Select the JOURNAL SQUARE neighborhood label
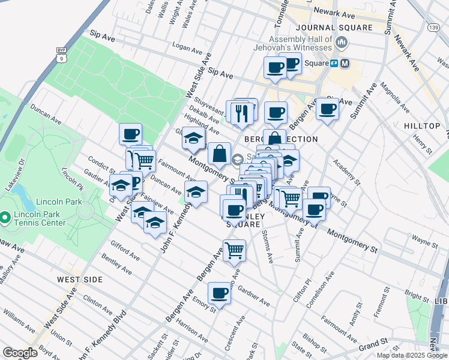point(333,28)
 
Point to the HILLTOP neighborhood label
point(422,126)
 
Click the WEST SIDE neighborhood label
point(80,280)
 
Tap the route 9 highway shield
point(61,55)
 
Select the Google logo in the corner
point(20,353)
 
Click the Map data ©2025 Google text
point(411,355)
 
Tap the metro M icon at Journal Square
point(345,63)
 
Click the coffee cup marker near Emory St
point(220,293)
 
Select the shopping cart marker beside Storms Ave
point(234,250)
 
